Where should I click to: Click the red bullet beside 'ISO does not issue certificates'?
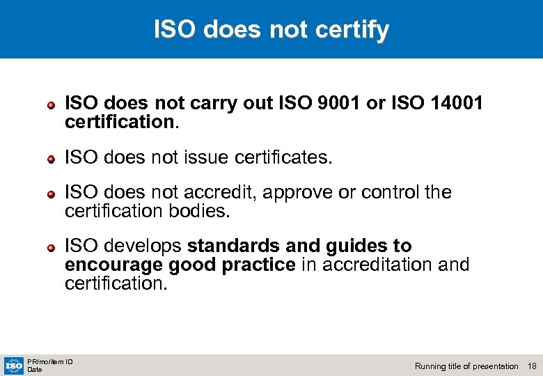pyautogui.click(x=52, y=159)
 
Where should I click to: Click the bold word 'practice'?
pyautogui.click(x=261, y=265)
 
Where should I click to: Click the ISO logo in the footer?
pyautogui.click(x=13, y=364)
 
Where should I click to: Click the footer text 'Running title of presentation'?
pyautogui.click(x=466, y=366)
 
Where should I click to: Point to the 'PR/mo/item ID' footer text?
pyautogui.click(x=49, y=361)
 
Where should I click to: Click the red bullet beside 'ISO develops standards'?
pyautogui.click(x=52, y=247)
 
